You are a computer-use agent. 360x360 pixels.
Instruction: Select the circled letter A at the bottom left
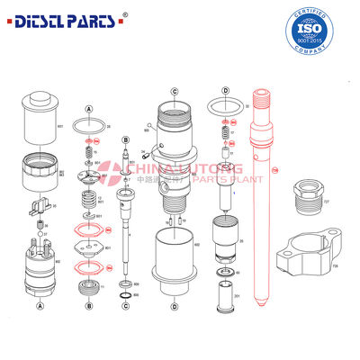40,304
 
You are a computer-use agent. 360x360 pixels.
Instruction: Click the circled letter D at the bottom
173,305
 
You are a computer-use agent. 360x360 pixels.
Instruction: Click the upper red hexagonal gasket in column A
87,232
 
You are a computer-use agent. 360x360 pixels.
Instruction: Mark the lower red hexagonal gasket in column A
87,267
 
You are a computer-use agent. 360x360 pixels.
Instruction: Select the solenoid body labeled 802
40,260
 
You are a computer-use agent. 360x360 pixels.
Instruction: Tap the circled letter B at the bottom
88,305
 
